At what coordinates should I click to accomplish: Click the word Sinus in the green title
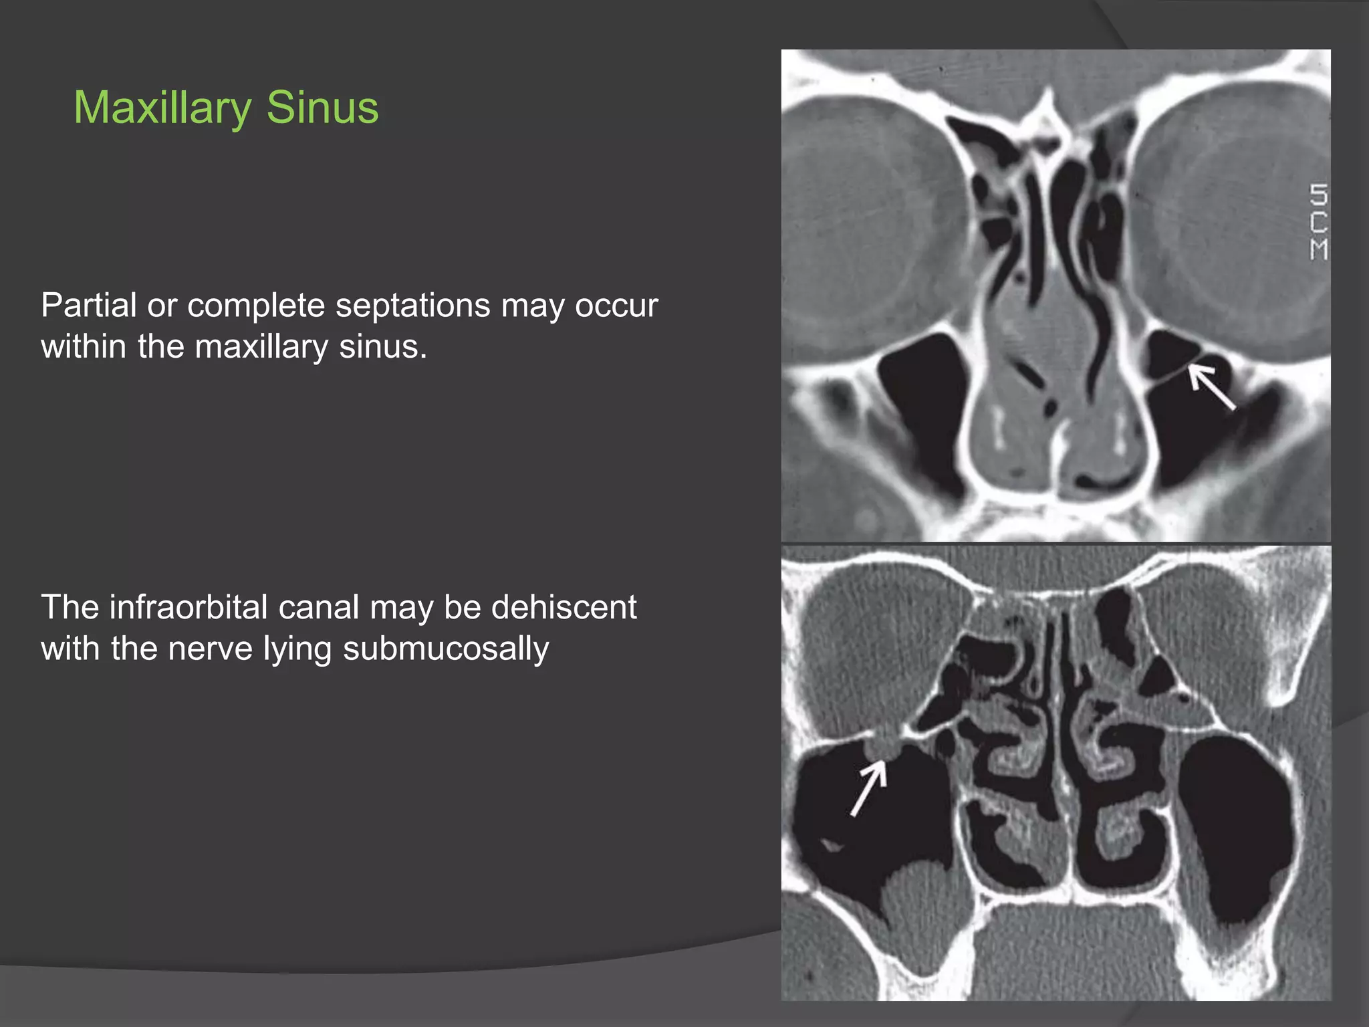(x=322, y=108)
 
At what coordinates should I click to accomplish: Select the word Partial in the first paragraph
(x=88, y=306)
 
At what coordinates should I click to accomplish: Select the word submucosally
(x=446, y=649)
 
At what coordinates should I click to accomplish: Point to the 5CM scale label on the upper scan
(x=1318, y=222)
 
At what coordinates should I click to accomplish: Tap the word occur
(x=616, y=307)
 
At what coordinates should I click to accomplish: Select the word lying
(x=297, y=650)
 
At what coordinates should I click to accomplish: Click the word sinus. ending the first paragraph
(x=382, y=346)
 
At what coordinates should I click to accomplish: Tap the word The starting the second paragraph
(x=70, y=607)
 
